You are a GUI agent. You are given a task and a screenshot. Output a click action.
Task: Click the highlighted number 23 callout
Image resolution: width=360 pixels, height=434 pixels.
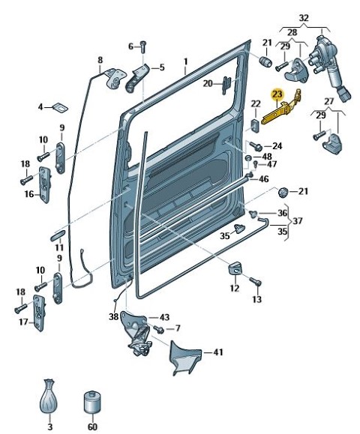coord(277,94)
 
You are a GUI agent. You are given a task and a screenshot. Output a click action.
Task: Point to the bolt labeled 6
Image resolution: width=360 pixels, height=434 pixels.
coord(143,47)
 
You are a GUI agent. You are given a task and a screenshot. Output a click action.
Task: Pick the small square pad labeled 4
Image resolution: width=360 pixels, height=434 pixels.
coord(61,107)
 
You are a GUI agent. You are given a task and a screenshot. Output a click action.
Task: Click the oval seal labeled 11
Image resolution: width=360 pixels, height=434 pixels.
coord(58,235)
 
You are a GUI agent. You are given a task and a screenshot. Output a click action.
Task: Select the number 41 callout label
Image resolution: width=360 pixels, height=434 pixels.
coord(218,352)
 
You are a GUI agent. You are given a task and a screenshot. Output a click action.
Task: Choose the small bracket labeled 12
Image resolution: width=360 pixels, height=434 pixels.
coord(235,268)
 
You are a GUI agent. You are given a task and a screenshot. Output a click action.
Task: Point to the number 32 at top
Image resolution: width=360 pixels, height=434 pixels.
coord(304,18)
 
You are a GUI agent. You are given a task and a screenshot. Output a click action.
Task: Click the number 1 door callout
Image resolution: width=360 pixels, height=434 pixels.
coord(186,61)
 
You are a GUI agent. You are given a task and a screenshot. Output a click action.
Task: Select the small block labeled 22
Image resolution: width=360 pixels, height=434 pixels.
coord(255,126)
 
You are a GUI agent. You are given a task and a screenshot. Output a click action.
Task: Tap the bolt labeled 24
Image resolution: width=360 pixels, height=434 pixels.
coord(256,146)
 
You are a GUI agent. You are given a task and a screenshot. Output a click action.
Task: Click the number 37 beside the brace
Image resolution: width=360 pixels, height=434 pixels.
coord(297,221)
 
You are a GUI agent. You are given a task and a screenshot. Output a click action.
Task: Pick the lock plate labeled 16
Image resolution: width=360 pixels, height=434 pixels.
coord(45,184)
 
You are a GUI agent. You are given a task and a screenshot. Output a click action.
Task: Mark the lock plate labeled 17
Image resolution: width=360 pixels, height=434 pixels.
coord(39,313)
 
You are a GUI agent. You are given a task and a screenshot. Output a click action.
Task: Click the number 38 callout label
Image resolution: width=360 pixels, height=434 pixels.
coord(113,317)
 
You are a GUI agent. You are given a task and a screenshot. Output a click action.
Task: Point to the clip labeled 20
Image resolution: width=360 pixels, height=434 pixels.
coord(226,85)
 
